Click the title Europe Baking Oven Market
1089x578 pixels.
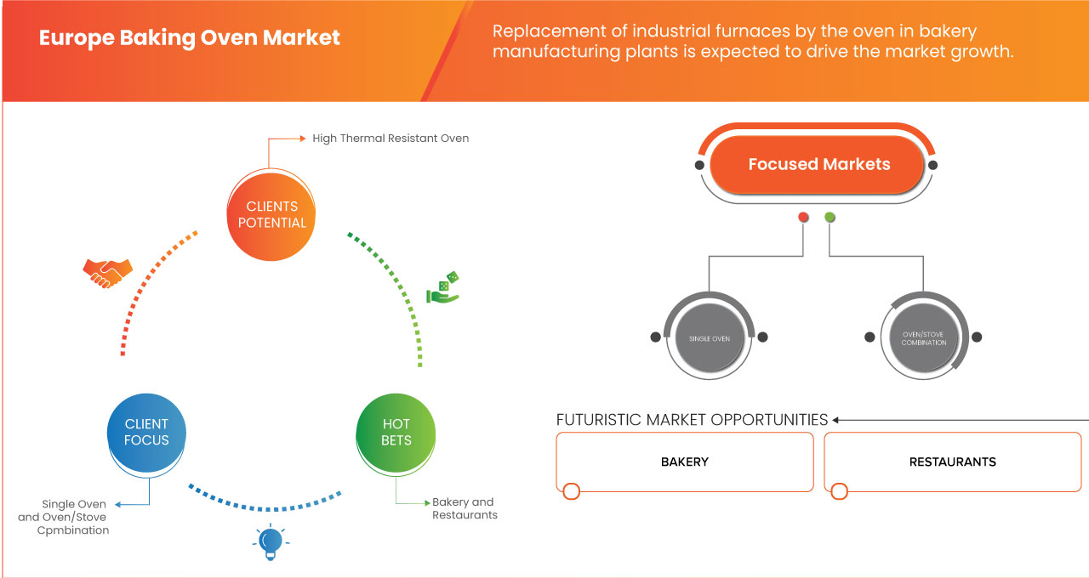coord(190,38)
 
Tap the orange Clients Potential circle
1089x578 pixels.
coord(272,214)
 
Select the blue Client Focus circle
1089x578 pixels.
coord(146,432)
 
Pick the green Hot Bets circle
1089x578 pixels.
coord(396,432)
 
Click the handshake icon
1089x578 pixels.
coord(107,272)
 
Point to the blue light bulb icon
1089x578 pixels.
coord(270,542)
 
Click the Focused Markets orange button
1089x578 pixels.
coord(818,165)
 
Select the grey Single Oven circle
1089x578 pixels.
coord(709,337)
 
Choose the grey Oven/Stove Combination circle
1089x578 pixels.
coord(923,337)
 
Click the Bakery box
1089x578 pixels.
coord(685,462)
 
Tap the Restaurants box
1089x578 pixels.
coord(952,462)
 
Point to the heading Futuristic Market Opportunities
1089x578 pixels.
coord(692,420)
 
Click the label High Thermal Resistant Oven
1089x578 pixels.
coord(391,138)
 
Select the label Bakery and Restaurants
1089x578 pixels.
coord(464,508)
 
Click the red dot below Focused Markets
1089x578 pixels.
coord(803,218)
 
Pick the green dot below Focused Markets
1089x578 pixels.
coord(830,218)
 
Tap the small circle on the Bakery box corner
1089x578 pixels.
coord(571,491)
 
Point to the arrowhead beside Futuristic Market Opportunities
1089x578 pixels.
coord(836,420)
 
